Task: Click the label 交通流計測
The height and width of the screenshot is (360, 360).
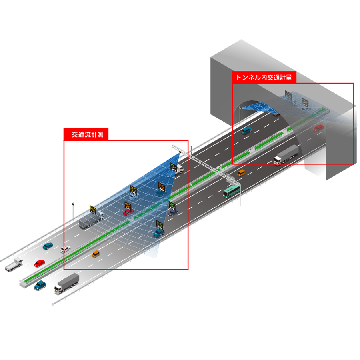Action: pyautogui.click(x=88, y=135)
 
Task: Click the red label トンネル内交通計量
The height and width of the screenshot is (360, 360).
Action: pyautogui.click(x=264, y=77)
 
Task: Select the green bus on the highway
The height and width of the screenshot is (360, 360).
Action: pyautogui.click(x=232, y=191)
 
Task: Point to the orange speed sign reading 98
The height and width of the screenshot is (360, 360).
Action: pyautogui.click(x=161, y=186)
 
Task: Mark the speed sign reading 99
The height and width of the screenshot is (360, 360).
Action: pyautogui.click(x=160, y=224)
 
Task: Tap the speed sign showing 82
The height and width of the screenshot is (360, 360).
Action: pyautogui.click(x=93, y=209)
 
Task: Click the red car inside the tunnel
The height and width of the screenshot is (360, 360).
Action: pyautogui.click(x=318, y=128)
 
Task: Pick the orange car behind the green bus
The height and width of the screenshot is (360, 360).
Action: pyautogui.click(x=241, y=173)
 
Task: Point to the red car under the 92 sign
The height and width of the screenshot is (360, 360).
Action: pyautogui.click(x=128, y=212)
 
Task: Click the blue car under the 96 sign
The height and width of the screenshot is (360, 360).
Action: pyautogui.click(x=172, y=212)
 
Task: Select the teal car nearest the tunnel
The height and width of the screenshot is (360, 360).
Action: pyautogui.click(x=246, y=130)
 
